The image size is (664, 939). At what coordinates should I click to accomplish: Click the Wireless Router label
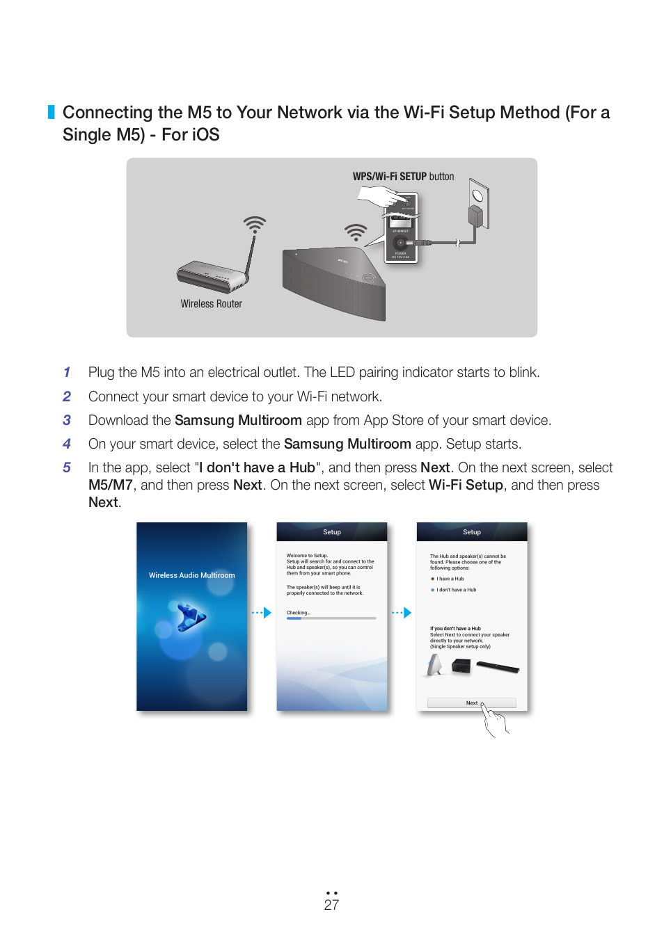211,304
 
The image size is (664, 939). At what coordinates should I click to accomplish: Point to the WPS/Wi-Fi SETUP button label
403,177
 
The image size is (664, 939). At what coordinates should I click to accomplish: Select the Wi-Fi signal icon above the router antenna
255,224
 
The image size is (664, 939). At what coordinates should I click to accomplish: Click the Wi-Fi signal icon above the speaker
356,232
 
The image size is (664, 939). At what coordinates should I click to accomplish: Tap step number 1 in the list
67,373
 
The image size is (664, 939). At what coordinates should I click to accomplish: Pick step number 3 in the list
67,420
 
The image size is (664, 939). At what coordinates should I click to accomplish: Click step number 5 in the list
67,467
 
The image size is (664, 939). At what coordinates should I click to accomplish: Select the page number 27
331,905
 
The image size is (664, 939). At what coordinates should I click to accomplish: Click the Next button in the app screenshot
471,703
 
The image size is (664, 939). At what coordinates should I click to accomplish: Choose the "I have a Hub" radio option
433,579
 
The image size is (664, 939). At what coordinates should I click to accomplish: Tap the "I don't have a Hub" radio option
433,590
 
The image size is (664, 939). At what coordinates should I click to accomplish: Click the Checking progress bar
331,618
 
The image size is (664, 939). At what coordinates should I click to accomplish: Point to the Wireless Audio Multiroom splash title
191,575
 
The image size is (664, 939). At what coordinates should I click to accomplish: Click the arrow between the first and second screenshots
262,613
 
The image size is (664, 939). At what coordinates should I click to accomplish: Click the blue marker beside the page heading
51,112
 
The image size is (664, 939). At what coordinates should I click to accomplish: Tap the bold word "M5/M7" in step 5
110,485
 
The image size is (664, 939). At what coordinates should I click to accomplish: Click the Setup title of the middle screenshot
332,532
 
